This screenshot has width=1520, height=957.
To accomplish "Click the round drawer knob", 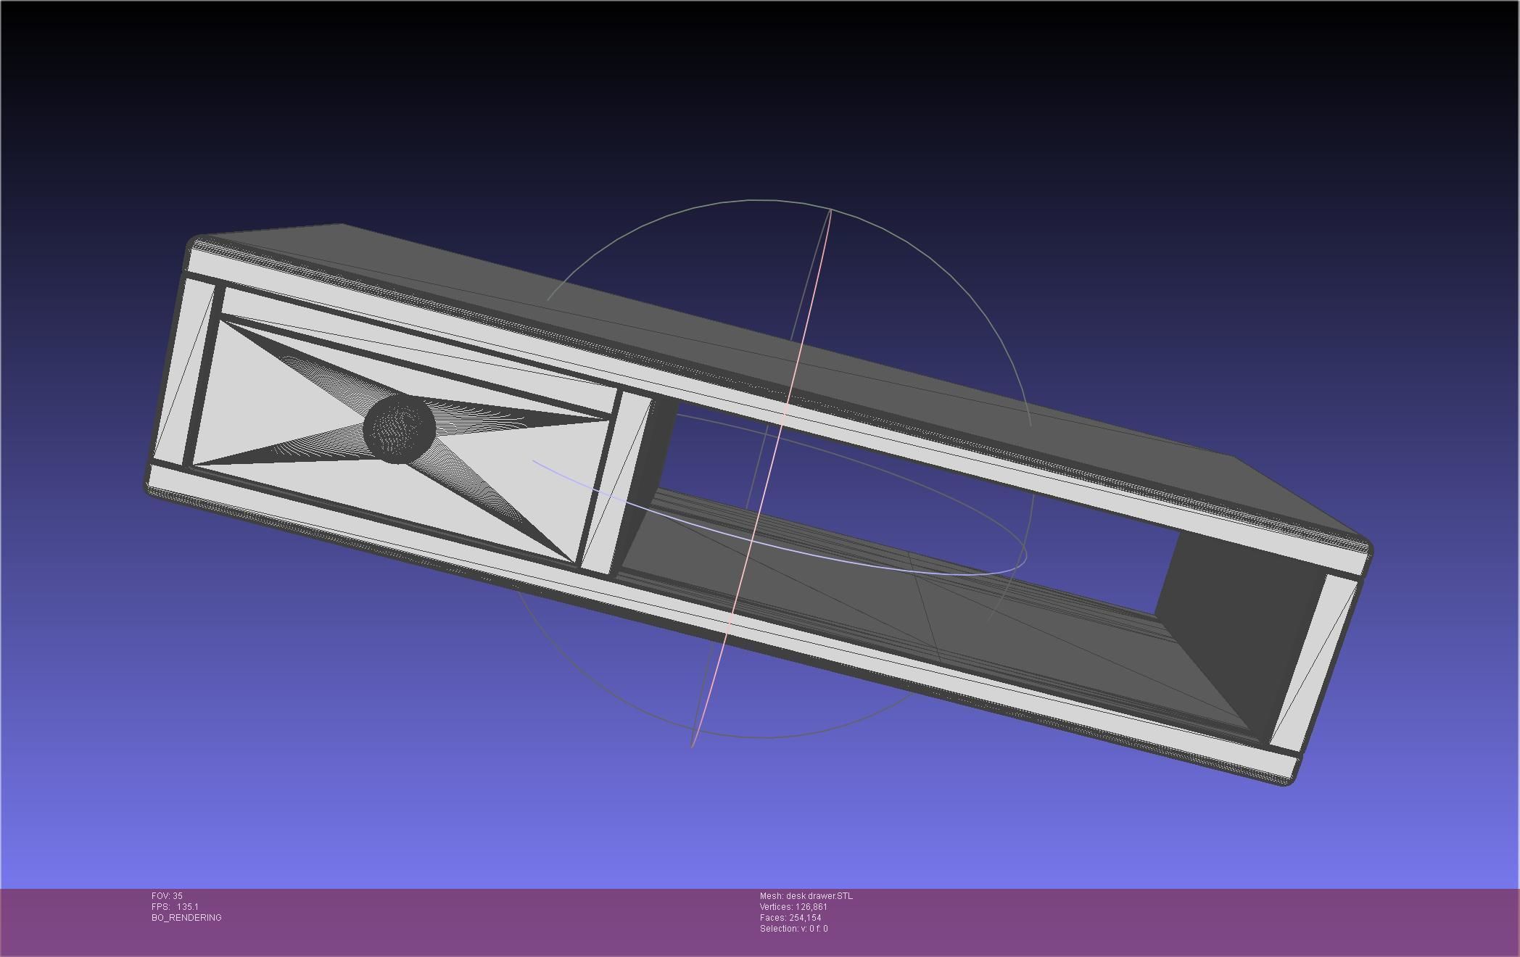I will point(400,428).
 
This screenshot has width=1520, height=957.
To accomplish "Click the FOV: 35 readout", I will point(167,896).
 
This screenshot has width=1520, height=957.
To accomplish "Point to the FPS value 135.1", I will point(186,907).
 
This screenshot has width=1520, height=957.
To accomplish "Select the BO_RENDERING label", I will point(186,918).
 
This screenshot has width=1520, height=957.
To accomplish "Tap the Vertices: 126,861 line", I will point(793,907).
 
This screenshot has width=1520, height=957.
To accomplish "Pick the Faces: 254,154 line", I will point(790,918).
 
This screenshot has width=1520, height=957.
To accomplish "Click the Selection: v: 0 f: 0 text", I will point(793,929).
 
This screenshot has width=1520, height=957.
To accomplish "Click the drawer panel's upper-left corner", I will point(221,320).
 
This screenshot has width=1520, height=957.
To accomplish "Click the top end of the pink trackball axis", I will point(830,210).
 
